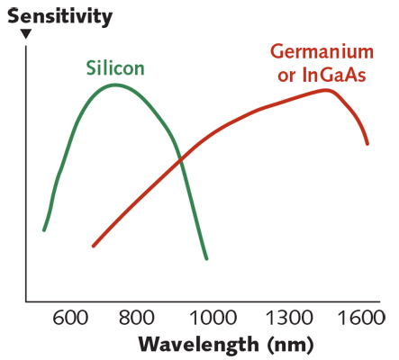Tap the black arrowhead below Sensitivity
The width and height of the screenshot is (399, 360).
[26, 34]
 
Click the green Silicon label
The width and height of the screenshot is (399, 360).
[115, 68]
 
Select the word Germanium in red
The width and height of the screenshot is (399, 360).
[322, 53]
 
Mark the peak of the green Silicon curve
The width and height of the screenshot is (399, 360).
[116, 85]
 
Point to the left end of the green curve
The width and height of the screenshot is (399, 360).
[43, 230]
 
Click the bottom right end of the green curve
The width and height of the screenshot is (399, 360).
[207, 259]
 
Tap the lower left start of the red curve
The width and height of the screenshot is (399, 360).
[93, 246]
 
